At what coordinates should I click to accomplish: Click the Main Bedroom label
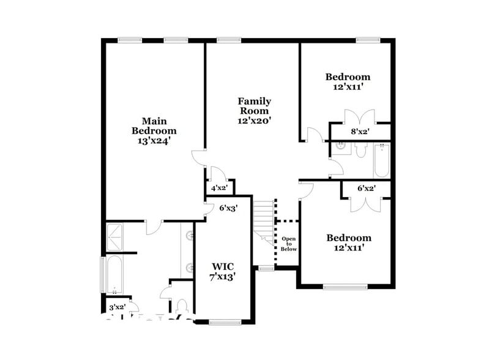(x=154, y=126)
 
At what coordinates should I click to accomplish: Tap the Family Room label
(x=255, y=105)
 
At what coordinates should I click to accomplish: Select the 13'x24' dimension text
(x=154, y=140)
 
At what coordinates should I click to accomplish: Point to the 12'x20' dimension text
(x=255, y=121)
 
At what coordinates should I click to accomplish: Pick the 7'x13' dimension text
(x=222, y=277)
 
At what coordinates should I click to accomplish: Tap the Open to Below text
(x=289, y=244)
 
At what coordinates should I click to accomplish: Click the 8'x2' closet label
(x=360, y=132)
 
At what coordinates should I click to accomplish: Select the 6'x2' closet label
(x=367, y=189)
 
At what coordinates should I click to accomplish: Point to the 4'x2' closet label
(x=219, y=189)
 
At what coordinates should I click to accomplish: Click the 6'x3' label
(x=228, y=208)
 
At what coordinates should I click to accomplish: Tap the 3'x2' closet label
(x=117, y=307)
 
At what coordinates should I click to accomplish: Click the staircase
(x=264, y=222)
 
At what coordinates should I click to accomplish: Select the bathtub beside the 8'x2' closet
(x=380, y=160)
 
